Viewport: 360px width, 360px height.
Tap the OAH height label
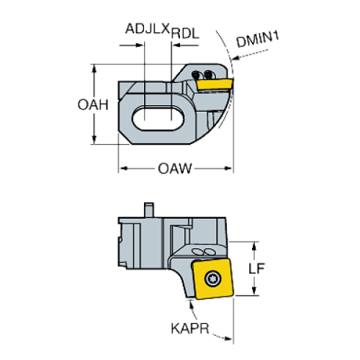tap(93, 104)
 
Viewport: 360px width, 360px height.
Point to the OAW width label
tap(175, 170)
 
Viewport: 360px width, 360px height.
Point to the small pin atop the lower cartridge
tap(151, 210)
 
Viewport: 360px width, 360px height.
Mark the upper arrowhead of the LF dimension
tap(255, 245)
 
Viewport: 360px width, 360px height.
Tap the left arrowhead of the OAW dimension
tap(124, 170)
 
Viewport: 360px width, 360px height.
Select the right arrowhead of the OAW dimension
tap(228, 170)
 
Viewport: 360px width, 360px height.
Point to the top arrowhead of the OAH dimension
tap(95, 68)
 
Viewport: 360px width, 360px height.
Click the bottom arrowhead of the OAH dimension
tap(95, 140)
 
